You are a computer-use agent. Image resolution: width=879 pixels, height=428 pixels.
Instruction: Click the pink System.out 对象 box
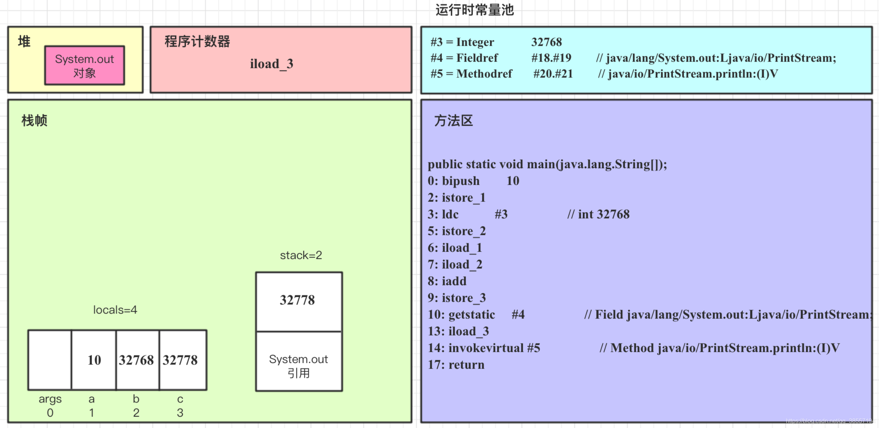[x=85, y=66]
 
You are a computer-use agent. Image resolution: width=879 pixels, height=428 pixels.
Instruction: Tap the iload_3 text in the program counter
[x=271, y=64]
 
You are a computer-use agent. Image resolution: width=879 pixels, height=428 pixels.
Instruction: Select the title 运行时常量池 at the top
[x=475, y=10]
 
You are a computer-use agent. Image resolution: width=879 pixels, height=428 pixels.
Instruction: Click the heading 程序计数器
[x=197, y=41]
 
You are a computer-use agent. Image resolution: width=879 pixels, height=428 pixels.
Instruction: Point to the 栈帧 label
[x=34, y=121]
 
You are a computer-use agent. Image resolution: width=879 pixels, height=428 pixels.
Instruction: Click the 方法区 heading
[x=453, y=121]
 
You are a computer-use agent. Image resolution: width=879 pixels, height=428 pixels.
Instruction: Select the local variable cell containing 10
[x=94, y=360]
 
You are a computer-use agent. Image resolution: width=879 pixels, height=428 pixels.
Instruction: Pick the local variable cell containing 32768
[x=137, y=360]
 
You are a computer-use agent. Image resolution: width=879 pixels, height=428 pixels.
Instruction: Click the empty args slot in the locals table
[x=50, y=360]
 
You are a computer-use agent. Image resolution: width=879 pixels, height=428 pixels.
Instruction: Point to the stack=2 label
[x=301, y=255]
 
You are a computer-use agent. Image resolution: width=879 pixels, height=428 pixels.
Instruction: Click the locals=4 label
[x=115, y=310]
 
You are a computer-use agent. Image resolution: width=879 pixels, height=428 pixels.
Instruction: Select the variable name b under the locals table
[x=136, y=399]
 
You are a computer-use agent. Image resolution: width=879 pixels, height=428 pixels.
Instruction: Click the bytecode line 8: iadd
[x=447, y=281]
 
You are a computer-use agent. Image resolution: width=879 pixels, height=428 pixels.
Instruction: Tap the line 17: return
[x=456, y=365]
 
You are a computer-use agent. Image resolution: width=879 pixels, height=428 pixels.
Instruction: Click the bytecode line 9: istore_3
[x=456, y=298]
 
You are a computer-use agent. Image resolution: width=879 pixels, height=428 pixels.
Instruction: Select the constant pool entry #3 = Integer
[x=462, y=42]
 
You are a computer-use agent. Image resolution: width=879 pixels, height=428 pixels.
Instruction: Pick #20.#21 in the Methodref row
[x=553, y=74]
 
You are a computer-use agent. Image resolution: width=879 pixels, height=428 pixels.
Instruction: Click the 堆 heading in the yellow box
[x=24, y=41]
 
